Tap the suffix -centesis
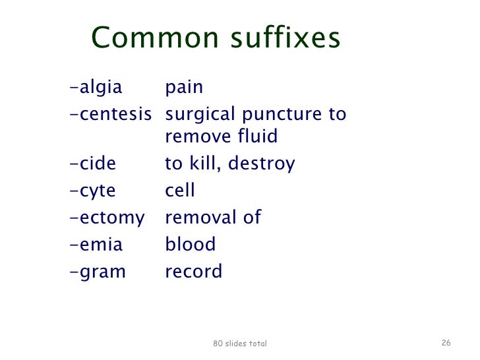pyautogui.click(x=110, y=114)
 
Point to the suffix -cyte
pyautogui.click(x=92, y=191)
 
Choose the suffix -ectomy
pyautogui.click(x=106, y=218)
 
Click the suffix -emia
pyautogui.click(x=96, y=245)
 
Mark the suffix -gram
pyautogui.click(x=97, y=272)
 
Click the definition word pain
pyautogui.click(x=184, y=88)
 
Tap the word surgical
pyautogui.click(x=198, y=115)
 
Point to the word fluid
pyautogui.click(x=257, y=136)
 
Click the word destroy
pyautogui.click(x=261, y=164)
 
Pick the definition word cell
pyautogui.click(x=179, y=191)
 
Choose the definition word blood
pyautogui.click(x=190, y=245)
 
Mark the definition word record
pyautogui.click(x=193, y=272)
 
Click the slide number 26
pyautogui.click(x=446, y=343)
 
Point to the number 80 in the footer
pyautogui.click(x=218, y=344)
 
